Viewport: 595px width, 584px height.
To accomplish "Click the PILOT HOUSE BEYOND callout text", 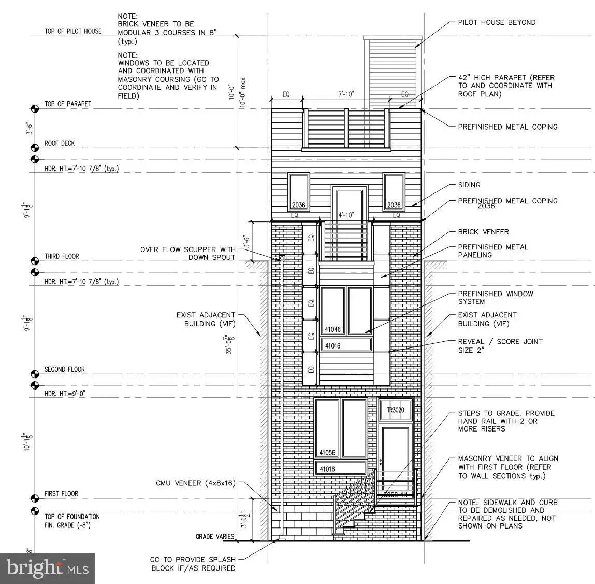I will [x=497, y=22].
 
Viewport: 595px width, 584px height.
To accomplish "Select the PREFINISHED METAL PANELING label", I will [x=493, y=251].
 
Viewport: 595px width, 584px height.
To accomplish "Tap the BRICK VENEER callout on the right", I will [x=483, y=232].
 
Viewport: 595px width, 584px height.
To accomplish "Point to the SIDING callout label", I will [x=469, y=185].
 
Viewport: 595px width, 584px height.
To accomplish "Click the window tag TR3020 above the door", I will [x=395, y=411].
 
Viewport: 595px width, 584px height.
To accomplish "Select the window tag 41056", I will [x=327, y=453].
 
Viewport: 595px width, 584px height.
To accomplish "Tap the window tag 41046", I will [x=332, y=329].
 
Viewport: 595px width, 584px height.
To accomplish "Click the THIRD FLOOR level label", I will [x=62, y=257].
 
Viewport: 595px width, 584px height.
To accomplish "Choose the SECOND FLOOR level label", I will [x=64, y=370].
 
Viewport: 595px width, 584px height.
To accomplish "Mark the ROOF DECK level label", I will [x=60, y=143].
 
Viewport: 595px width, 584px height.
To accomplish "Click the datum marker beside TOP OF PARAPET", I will [x=35, y=108].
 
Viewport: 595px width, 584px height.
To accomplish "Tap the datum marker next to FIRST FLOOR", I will [x=35, y=498].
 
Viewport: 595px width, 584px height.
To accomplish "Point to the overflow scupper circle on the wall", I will [x=282, y=258].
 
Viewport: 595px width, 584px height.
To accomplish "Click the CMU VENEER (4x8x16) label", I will [x=196, y=483].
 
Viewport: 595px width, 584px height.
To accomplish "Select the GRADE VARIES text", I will [x=215, y=536].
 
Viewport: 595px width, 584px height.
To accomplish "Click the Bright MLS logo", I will [x=48, y=567].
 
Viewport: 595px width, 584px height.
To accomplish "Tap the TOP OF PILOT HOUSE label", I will [x=73, y=31].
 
